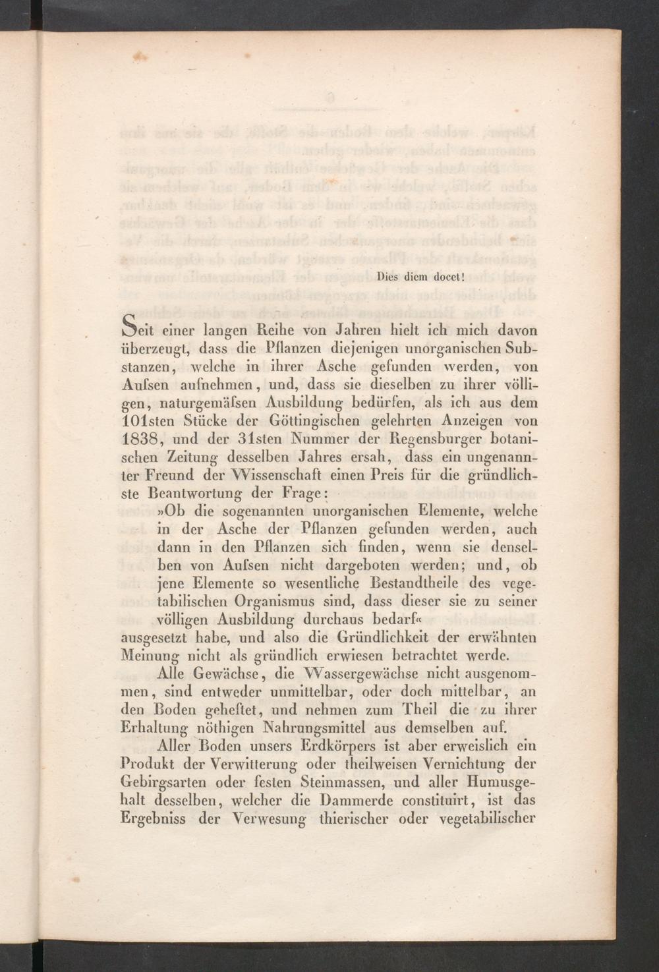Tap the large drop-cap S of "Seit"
click(133, 324)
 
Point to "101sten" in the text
click(147, 420)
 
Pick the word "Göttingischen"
click(311, 420)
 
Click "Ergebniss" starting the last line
click(154, 820)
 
